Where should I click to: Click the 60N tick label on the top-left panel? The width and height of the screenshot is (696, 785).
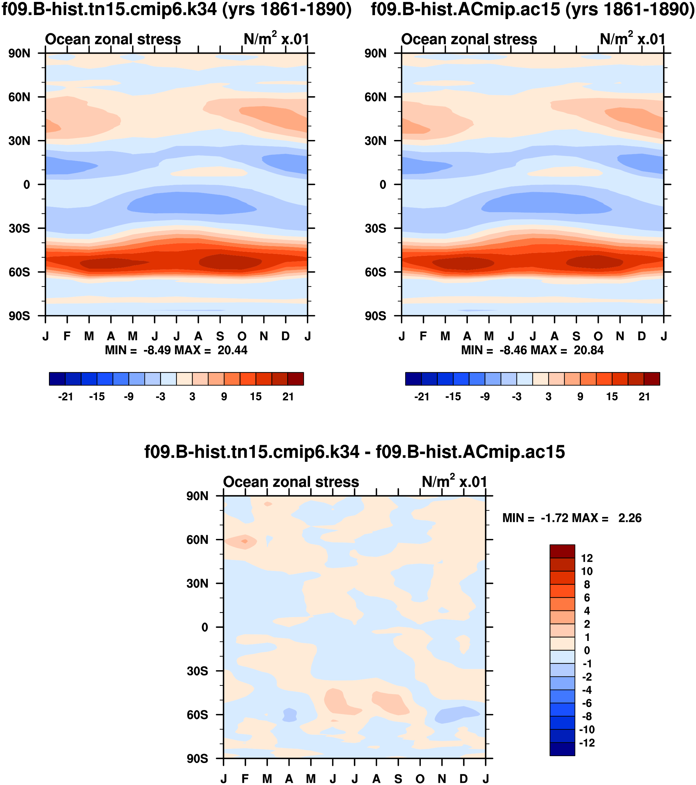(x=19, y=97)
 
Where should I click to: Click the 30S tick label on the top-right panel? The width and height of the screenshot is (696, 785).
(x=375, y=229)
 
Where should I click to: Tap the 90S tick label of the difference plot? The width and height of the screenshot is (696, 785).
(x=197, y=759)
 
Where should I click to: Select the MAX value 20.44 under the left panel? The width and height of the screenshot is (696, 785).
(x=232, y=350)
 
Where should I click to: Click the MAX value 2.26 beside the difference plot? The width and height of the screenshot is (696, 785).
(x=629, y=518)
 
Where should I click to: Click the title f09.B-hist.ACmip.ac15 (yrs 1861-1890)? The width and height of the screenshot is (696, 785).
(x=533, y=9)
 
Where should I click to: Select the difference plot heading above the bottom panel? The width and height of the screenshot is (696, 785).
(x=354, y=452)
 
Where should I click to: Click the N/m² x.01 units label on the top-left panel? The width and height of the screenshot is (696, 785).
(x=276, y=39)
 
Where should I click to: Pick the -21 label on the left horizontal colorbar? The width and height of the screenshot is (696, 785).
(x=65, y=397)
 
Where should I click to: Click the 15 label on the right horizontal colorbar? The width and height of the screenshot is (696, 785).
(x=612, y=397)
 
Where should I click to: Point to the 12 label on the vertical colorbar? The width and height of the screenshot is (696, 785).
(x=587, y=558)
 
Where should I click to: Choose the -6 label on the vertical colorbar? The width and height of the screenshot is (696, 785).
(x=587, y=703)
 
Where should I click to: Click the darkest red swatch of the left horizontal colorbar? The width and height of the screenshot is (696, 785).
(x=296, y=379)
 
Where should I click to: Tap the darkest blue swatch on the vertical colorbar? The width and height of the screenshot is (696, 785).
(x=562, y=749)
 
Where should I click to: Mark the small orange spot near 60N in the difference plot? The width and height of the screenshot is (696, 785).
(x=244, y=541)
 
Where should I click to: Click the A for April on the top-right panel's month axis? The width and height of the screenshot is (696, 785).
(x=467, y=336)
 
